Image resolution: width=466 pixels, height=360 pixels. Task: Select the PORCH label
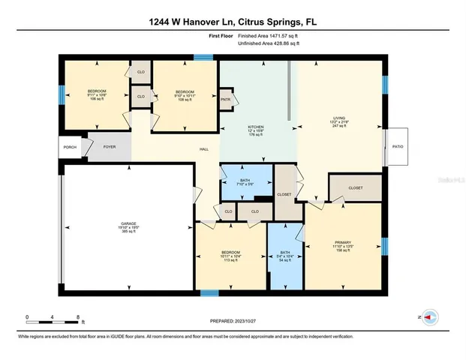(x=70, y=148)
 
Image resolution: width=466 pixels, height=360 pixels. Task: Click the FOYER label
(x=109, y=148)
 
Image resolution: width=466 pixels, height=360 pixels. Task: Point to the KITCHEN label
(x=257, y=127)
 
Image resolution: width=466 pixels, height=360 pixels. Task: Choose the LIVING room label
(x=339, y=118)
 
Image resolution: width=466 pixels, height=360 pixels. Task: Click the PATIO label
(x=397, y=147)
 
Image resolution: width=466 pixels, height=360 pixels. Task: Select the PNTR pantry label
(x=225, y=98)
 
